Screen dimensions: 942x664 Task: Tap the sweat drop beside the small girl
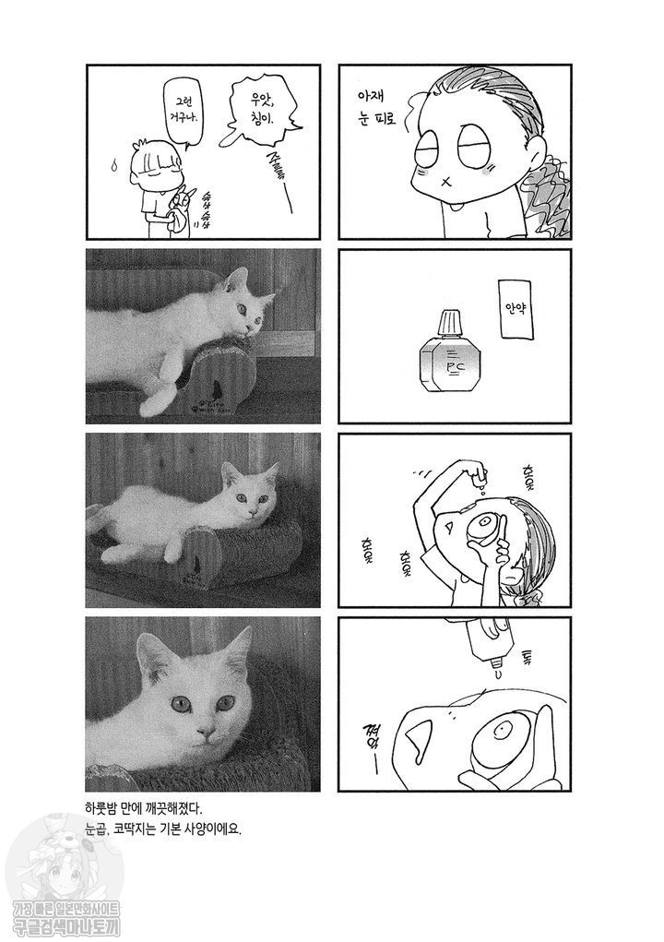113,166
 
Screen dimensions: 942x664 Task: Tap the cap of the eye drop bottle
448,322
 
